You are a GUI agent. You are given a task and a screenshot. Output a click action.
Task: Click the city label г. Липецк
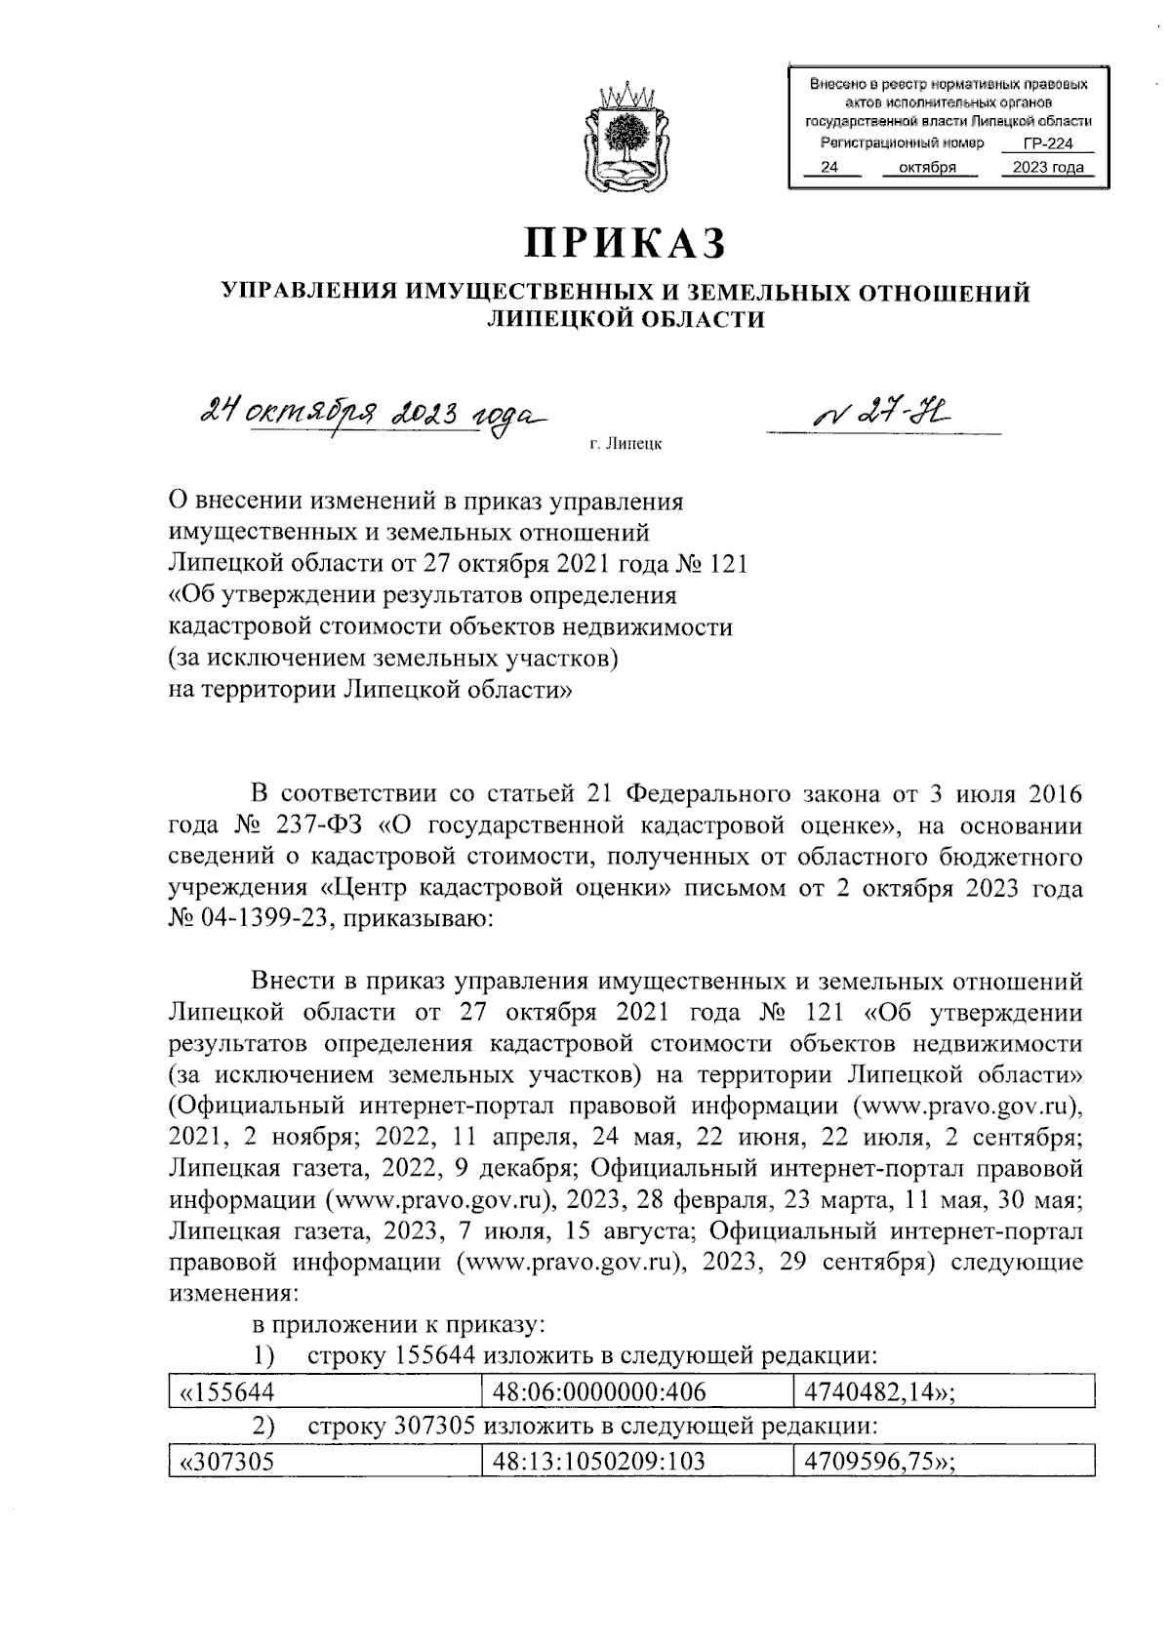point(626,445)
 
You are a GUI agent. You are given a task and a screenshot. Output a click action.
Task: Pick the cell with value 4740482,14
point(876,1391)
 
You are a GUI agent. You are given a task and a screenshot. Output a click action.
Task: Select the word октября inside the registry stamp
point(924,168)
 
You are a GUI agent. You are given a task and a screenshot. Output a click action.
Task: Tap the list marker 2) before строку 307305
point(262,1427)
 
